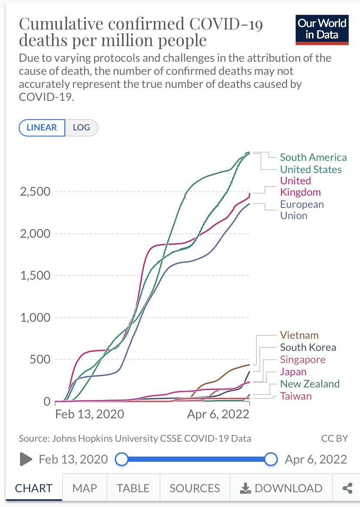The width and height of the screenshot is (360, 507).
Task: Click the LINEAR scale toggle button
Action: (x=42, y=127)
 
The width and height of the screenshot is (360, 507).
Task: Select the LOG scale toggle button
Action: (x=81, y=127)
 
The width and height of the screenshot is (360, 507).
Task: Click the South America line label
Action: (x=313, y=157)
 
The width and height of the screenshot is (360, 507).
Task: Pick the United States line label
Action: (x=310, y=170)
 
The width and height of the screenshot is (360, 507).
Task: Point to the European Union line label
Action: (x=302, y=210)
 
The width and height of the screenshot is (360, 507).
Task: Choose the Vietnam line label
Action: (x=299, y=335)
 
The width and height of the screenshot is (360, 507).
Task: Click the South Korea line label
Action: (x=308, y=347)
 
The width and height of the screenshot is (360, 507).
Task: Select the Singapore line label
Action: (x=303, y=360)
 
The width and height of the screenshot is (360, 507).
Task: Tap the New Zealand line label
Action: (x=310, y=384)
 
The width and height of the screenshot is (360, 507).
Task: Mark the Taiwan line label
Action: (x=296, y=396)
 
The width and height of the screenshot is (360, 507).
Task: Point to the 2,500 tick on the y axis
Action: (x=35, y=192)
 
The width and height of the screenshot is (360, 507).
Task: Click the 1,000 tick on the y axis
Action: (x=35, y=318)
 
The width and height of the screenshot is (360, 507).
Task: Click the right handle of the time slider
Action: (x=271, y=459)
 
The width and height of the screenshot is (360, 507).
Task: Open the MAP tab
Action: (x=84, y=488)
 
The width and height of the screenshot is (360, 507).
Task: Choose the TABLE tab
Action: (x=133, y=488)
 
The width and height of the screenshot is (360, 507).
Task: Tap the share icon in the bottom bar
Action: (x=347, y=488)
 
